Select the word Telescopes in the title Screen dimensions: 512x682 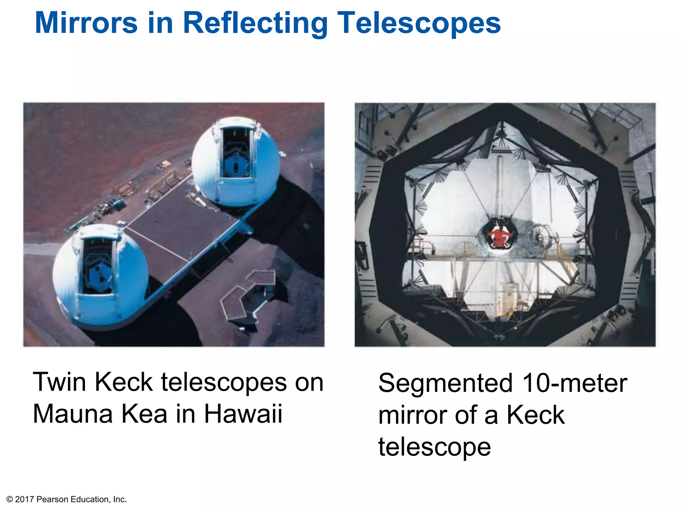point(419,23)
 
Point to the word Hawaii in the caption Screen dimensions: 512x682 point(243,414)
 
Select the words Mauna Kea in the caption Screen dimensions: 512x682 point(100,414)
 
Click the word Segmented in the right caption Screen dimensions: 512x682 point(445,383)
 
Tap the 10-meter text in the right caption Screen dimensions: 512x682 point(575,383)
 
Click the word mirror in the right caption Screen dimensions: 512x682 point(411,415)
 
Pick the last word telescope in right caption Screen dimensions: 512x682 point(435,447)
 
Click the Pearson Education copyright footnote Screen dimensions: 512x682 point(67,499)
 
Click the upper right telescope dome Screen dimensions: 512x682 point(236,162)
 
